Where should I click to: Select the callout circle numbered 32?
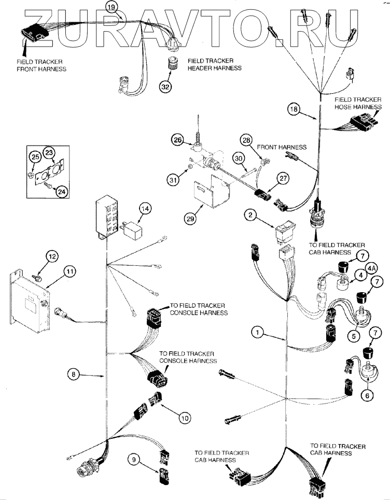165,86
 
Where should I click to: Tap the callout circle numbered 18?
294,109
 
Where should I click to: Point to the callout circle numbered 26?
178,139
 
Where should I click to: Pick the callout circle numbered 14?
145,208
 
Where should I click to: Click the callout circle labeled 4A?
371,268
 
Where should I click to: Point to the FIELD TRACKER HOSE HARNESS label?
358,103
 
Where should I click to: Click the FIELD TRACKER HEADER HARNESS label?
214,64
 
